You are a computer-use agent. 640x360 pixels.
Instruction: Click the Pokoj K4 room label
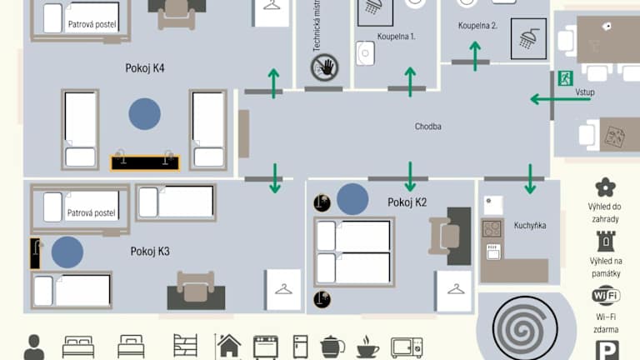[x=145, y=68]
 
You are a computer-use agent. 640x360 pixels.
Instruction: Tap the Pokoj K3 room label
[x=150, y=252]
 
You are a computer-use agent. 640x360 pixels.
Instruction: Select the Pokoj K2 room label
[x=407, y=202]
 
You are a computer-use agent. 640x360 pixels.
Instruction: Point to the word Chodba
[x=427, y=127]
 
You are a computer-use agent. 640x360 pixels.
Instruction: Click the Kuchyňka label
[x=530, y=225]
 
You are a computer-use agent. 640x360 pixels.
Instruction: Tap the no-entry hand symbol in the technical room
[x=324, y=67]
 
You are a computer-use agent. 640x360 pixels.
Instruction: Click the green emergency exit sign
[x=565, y=78]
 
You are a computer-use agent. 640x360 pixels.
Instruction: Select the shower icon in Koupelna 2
[x=528, y=39]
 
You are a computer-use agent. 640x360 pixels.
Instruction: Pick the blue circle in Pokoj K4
[x=144, y=114]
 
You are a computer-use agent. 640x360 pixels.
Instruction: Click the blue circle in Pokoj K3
[x=67, y=252]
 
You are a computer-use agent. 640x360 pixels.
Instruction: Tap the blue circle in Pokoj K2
[x=352, y=199]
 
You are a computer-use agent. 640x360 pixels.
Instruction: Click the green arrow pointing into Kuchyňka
[x=530, y=179]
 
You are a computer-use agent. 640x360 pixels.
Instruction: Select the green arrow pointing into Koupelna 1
[x=410, y=82]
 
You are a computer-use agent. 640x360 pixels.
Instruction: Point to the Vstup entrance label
[x=585, y=92]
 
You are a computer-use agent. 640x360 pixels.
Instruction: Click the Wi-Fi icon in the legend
[x=606, y=295]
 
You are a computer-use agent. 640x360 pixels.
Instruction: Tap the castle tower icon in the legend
[x=606, y=241]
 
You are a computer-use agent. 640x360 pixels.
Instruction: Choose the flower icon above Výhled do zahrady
[x=605, y=187]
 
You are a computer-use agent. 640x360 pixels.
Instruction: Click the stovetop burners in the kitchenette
[x=492, y=229]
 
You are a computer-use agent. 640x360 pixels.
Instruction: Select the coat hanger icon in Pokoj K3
[x=283, y=290]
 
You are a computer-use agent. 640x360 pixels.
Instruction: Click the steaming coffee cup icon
[x=367, y=347]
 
